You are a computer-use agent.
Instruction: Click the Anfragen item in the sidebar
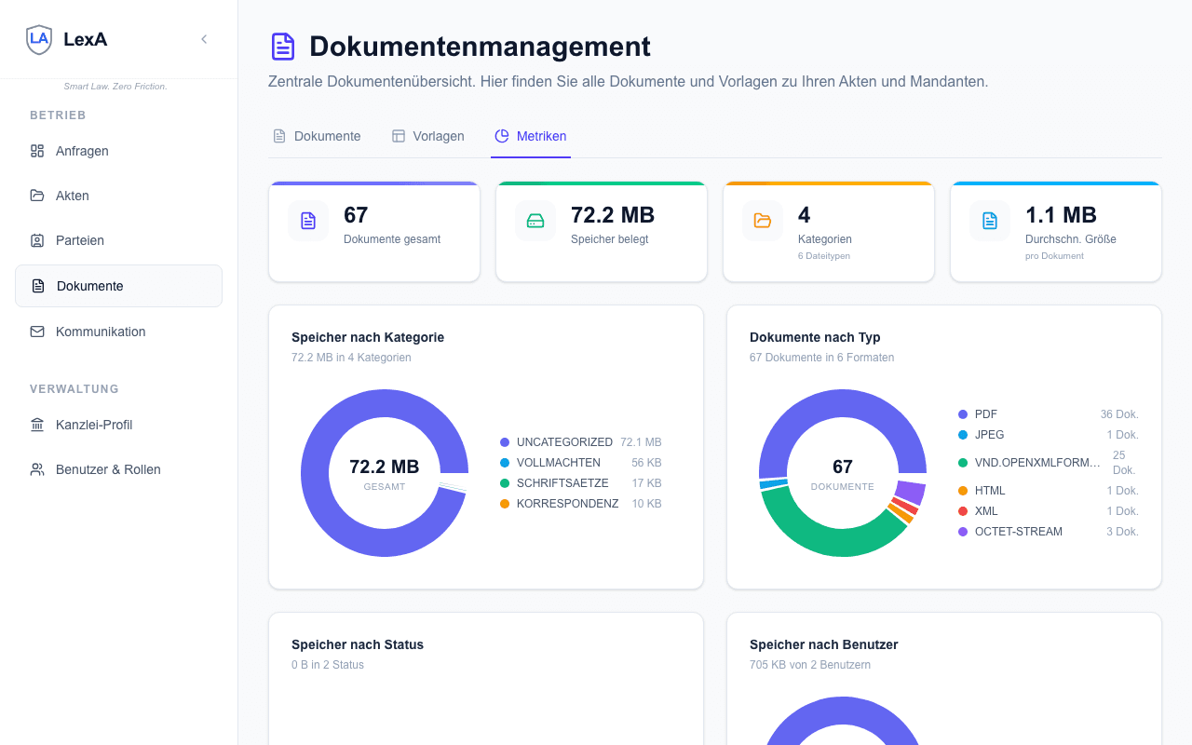(x=82, y=151)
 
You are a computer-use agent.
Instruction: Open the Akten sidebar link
(x=72, y=196)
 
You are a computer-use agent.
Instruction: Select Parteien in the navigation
(x=79, y=240)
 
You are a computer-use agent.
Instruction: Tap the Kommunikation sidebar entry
(x=100, y=332)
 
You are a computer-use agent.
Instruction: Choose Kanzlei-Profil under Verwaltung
(x=93, y=425)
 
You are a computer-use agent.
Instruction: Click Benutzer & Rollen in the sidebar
(x=107, y=469)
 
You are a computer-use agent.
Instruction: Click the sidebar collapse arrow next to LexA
(x=204, y=39)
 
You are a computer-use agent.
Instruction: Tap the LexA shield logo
(x=39, y=39)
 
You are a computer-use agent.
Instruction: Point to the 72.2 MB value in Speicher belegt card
(x=613, y=215)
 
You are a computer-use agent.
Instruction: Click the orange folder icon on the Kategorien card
(x=763, y=221)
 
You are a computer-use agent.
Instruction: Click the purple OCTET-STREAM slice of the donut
(x=910, y=492)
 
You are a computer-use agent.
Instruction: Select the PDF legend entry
(x=985, y=414)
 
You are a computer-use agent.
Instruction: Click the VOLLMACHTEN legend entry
(x=558, y=463)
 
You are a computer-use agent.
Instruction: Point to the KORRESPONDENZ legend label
(x=567, y=504)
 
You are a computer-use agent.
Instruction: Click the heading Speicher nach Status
(x=358, y=644)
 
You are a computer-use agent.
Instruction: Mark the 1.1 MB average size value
(x=1061, y=215)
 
